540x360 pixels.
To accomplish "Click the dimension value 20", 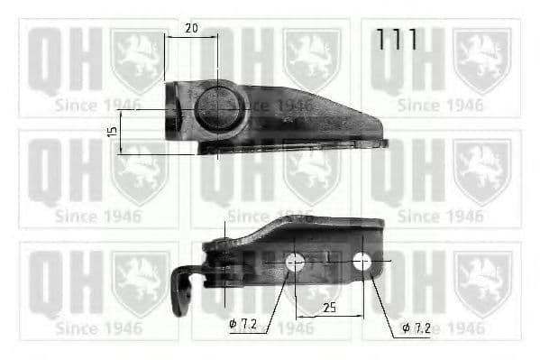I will (x=191, y=28).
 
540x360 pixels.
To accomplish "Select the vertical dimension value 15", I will (x=112, y=132).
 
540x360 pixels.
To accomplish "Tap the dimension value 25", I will (x=329, y=307).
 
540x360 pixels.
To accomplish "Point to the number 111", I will (x=397, y=40).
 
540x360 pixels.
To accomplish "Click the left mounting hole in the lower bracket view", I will (x=294, y=263).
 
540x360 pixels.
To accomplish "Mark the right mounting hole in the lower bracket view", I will (x=362, y=262).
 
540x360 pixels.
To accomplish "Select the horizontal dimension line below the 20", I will (x=191, y=37).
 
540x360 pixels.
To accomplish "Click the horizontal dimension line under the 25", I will (x=329, y=317).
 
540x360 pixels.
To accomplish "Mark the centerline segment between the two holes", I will (x=328, y=262).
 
